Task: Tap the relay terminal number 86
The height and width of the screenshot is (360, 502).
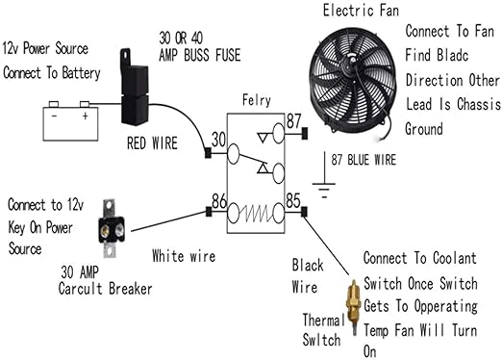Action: [x=218, y=202]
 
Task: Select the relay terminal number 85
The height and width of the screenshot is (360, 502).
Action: [x=292, y=202]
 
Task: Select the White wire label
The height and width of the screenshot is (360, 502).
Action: [x=183, y=256]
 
